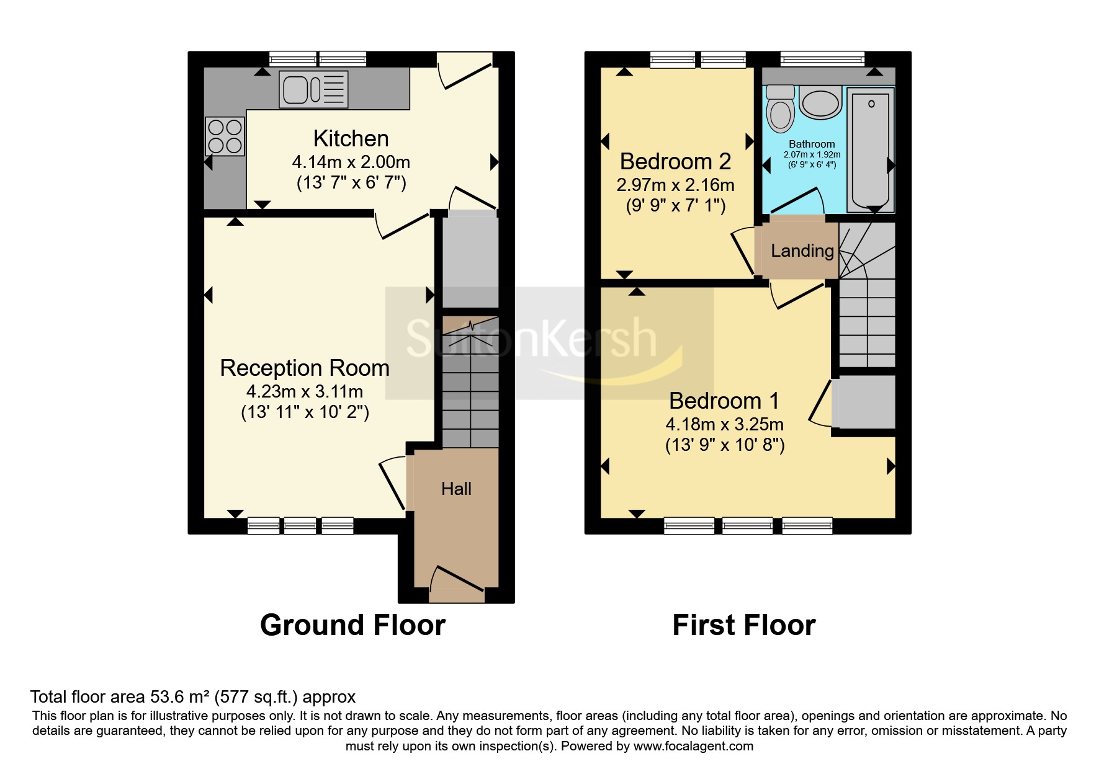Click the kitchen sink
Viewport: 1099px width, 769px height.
[x=313, y=89]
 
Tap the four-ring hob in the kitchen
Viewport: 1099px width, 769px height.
[x=225, y=136]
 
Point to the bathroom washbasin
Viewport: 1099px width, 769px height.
[x=820, y=103]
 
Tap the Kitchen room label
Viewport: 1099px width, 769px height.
[x=351, y=138]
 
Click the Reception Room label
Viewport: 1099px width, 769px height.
[x=305, y=368]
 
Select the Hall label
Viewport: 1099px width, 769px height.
[x=456, y=489]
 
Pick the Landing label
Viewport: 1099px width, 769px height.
[x=802, y=251]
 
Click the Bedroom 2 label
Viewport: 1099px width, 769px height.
[x=676, y=161]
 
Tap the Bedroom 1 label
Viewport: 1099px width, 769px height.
[x=724, y=401]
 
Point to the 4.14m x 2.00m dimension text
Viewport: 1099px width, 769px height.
[x=351, y=162]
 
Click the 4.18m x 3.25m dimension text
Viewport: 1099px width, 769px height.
[x=725, y=424]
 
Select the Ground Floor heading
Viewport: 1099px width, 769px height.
[x=353, y=625]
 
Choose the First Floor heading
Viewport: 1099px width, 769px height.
[x=744, y=625]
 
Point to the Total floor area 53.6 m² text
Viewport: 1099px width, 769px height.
[x=193, y=697]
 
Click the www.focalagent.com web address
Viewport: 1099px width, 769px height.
[x=693, y=746]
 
